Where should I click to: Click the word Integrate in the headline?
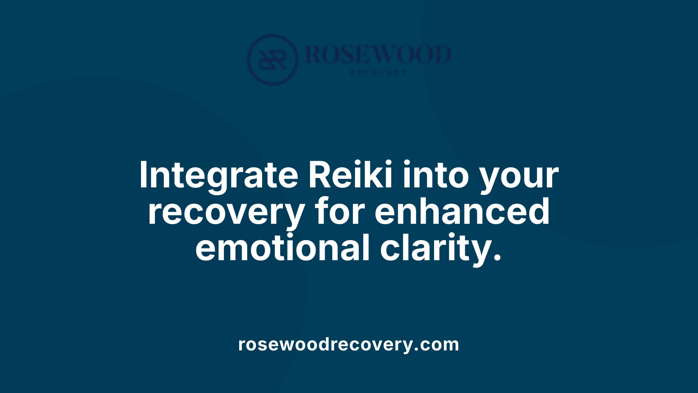pyautogui.click(x=218, y=175)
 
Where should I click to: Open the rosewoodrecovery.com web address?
pyautogui.click(x=349, y=344)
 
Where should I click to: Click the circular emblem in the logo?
pyautogui.click(x=273, y=60)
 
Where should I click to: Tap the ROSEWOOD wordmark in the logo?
pyautogui.click(x=378, y=55)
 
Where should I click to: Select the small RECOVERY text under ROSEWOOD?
pyautogui.click(x=378, y=72)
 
